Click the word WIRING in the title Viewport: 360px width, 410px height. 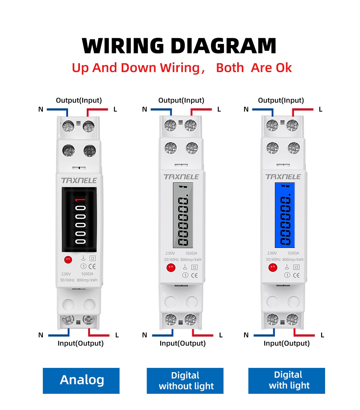123,46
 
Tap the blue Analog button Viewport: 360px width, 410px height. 81,380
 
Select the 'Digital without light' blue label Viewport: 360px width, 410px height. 185,381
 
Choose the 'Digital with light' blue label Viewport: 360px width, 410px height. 287,380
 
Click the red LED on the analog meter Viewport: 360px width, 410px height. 68,260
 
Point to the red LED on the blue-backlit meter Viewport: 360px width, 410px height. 273,267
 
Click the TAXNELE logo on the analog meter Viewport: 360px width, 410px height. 79,180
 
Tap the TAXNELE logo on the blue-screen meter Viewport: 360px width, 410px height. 283,177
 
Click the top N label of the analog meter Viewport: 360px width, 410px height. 41,109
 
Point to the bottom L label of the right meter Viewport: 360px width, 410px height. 322,335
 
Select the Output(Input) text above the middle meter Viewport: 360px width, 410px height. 181,100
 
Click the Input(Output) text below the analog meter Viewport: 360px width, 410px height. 80,343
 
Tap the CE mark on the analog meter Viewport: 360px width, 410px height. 92,266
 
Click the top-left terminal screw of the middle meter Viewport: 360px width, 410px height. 170,126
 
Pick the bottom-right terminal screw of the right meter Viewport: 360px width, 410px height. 292,319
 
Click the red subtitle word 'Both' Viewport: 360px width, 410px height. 230,68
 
